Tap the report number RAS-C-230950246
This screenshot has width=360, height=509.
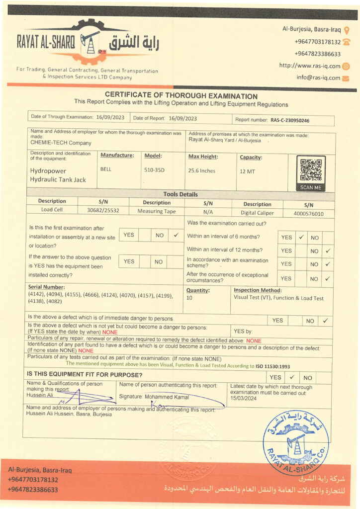pos(290,120)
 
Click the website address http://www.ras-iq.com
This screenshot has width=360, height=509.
pos(310,66)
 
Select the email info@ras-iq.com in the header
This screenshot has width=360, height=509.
pos(318,78)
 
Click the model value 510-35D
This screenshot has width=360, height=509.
pos(154,170)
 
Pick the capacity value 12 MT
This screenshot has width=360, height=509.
pos(247,171)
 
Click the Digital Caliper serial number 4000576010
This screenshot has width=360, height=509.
pos(305,213)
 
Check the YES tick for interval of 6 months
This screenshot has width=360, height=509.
pos(301,238)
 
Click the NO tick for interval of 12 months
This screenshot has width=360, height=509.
pos(327,251)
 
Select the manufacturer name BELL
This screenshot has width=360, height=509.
pos(106,169)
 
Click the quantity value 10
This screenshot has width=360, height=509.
pos(189,298)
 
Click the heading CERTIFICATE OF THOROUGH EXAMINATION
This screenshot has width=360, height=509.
pos(181,96)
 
